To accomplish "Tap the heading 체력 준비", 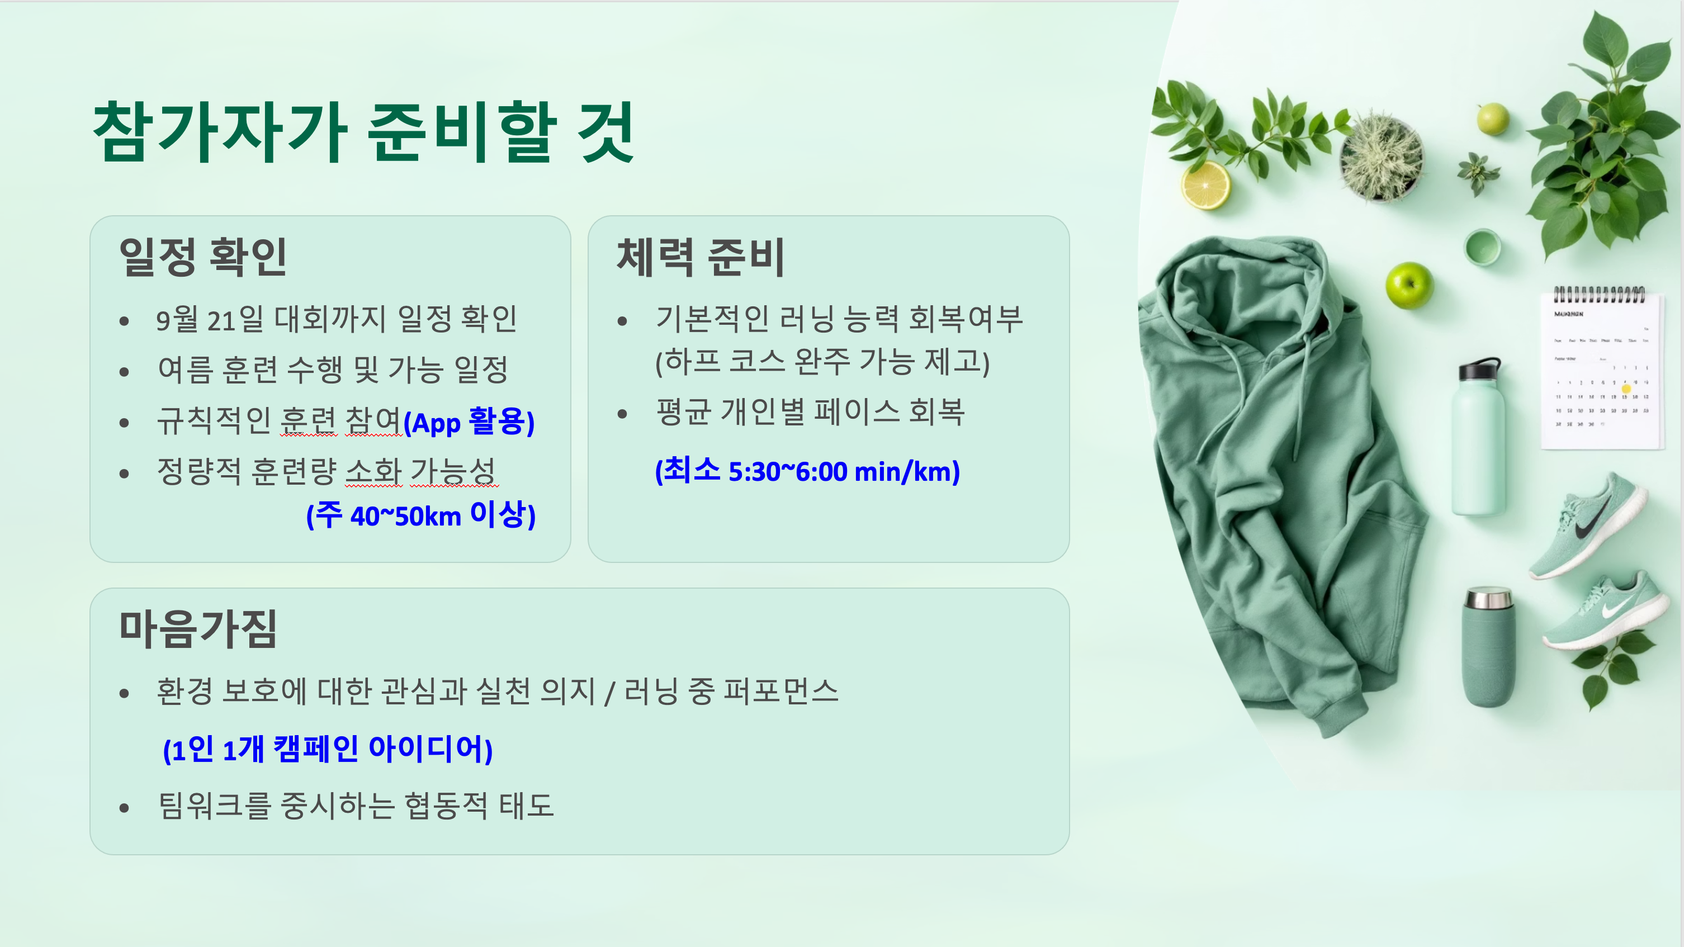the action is coord(700,256).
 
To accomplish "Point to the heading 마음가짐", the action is coord(198,629).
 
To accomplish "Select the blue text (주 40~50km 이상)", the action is coord(421,514).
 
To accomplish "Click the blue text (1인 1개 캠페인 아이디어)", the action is coord(328,749).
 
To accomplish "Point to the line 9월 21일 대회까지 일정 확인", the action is coord(336,319).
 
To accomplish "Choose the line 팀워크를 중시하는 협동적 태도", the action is coord(356,805).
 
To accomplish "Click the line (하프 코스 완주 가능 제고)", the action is coord(822,362).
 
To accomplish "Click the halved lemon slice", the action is coord(1205,186).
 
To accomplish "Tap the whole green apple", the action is coord(1409,285).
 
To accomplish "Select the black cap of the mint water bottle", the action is coord(1479,370).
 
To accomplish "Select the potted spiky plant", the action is coord(1380,157).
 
